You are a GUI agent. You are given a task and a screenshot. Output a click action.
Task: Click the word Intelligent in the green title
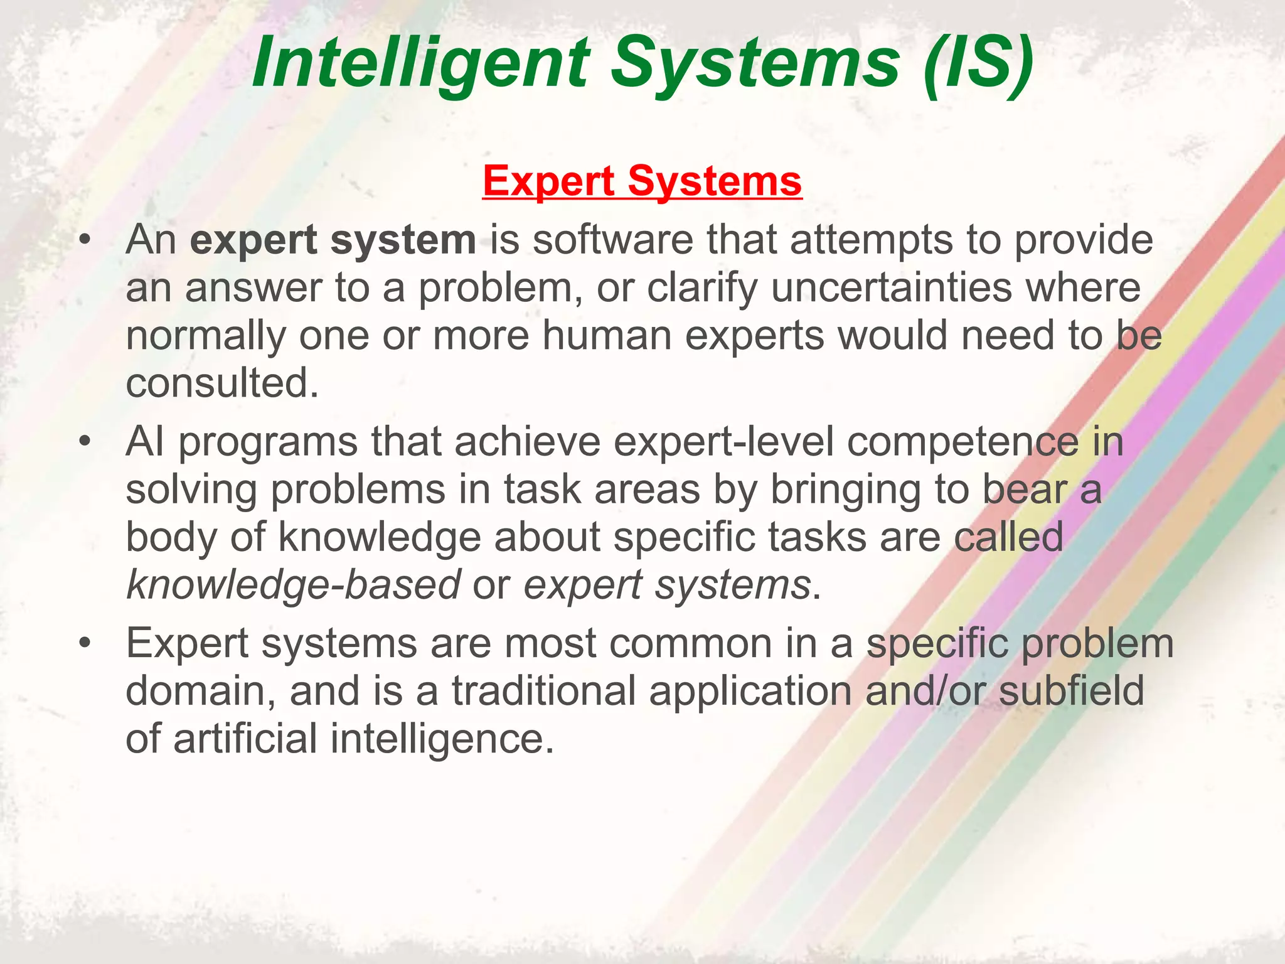tap(420, 63)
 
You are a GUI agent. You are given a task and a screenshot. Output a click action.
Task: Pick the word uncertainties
tap(892, 288)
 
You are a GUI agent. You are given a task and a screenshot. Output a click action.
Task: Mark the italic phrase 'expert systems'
tap(668, 585)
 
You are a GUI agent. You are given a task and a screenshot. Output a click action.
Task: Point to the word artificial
tap(245, 739)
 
